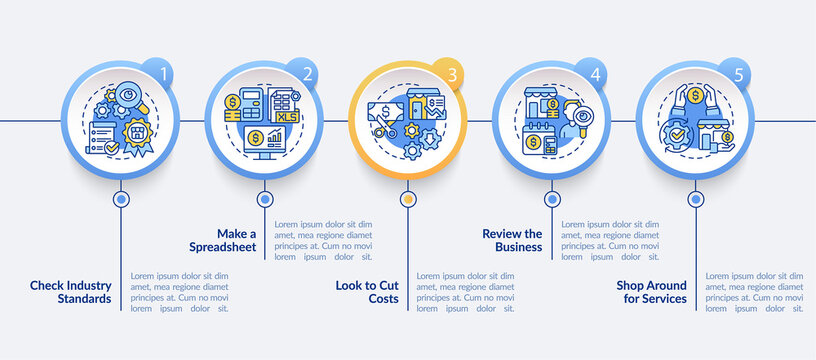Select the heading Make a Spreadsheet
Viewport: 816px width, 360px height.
pos(223,240)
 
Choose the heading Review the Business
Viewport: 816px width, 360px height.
pos(512,240)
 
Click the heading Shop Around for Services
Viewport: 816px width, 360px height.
pos(651,291)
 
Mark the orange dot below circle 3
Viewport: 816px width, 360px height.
pos(407,199)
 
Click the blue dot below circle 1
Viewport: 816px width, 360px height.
pos(121,199)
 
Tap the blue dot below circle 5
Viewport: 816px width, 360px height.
pos(695,199)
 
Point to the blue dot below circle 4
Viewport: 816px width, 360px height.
pos(551,199)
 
